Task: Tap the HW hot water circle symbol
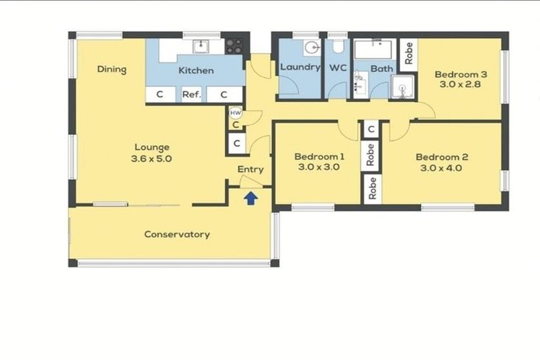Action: [236, 112]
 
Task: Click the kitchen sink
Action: [201, 46]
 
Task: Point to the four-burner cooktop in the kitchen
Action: [235, 46]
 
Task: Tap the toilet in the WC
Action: [338, 48]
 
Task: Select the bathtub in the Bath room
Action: [374, 50]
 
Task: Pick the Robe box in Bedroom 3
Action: [409, 51]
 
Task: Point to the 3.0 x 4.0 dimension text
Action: [442, 169]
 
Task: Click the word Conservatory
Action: [176, 234]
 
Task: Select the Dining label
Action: [112, 69]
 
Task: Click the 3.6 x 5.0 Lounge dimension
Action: [151, 159]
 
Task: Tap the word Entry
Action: [250, 169]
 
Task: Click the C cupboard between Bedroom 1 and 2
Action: [371, 129]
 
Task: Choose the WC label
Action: [337, 67]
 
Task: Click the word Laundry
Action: [300, 67]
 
